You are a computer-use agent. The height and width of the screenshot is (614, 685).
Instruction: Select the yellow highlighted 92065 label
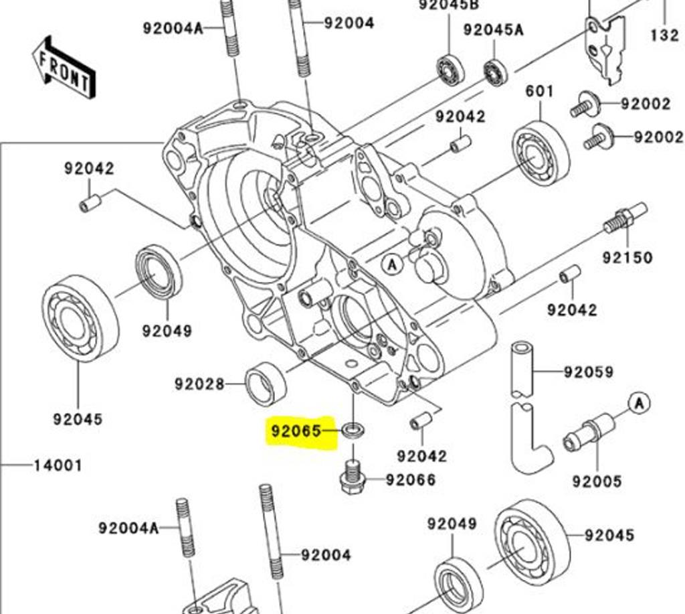[296, 430]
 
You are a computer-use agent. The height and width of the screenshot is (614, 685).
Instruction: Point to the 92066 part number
[411, 480]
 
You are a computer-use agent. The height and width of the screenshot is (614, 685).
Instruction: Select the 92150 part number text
[627, 257]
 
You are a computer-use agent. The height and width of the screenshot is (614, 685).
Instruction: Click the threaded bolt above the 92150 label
[625, 218]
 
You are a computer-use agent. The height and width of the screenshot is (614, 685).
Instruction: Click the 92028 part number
[199, 384]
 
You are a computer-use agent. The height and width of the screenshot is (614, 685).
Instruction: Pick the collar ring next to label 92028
[266, 383]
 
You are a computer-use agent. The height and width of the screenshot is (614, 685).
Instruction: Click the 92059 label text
[588, 372]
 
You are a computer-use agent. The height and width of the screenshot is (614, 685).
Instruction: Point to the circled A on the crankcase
[393, 265]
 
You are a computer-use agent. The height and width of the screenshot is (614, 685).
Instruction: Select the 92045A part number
[494, 29]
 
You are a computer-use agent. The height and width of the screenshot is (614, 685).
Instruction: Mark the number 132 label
[664, 35]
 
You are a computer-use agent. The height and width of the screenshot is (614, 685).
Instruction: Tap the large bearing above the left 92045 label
[80, 319]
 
